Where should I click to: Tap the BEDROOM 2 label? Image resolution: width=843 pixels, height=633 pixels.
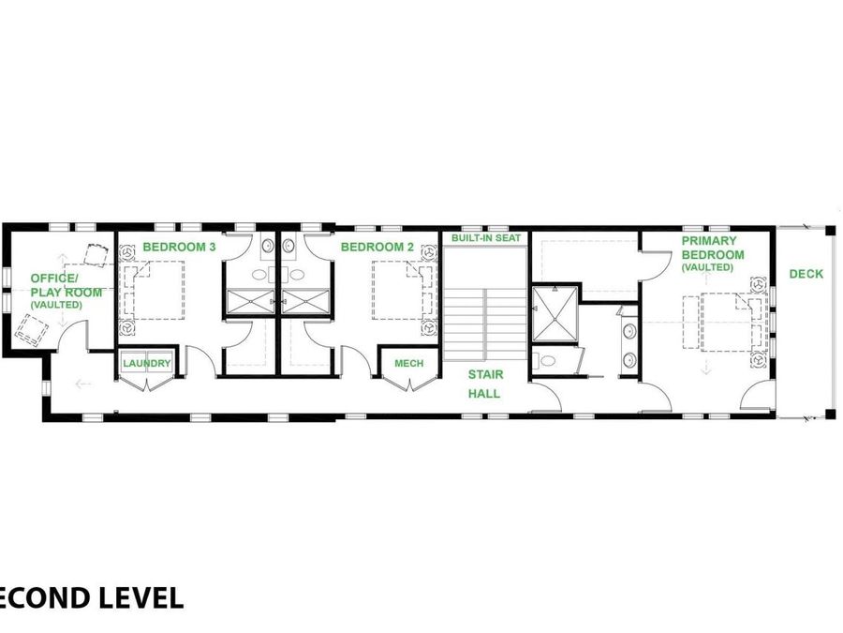click(x=377, y=247)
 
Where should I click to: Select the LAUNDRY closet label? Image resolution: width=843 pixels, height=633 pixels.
click(x=146, y=364)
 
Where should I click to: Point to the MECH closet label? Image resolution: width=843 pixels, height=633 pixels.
click(x=408, y=364)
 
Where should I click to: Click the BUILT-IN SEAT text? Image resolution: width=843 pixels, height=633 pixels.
click(x=485, y=238)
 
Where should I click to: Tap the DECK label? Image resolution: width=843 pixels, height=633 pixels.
click(x=806, y=274)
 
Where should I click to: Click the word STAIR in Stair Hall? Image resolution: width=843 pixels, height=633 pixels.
click(x=486, y=375)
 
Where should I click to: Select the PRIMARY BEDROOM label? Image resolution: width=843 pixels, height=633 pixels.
click(x=713, y=248)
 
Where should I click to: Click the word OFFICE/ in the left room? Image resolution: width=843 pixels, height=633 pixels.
click(x=55, y=279)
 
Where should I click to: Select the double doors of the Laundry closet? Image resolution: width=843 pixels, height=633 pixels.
click(x=146, y=384)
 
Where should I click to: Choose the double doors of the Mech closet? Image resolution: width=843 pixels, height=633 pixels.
click(x=408, y=384)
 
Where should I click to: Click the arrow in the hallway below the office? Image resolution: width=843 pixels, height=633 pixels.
click(x=83, y=383)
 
